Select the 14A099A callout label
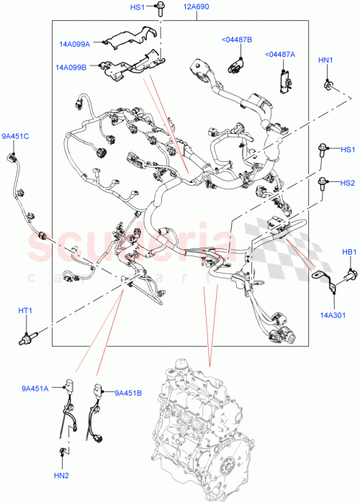coord(75,44)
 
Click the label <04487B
coord(236,39)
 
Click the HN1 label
coord(325,60)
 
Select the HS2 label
coord(348,183)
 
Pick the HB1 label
coord(348,252)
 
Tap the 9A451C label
coord(14,136)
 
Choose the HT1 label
coord(25,310)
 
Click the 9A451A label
coord(35,389)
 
